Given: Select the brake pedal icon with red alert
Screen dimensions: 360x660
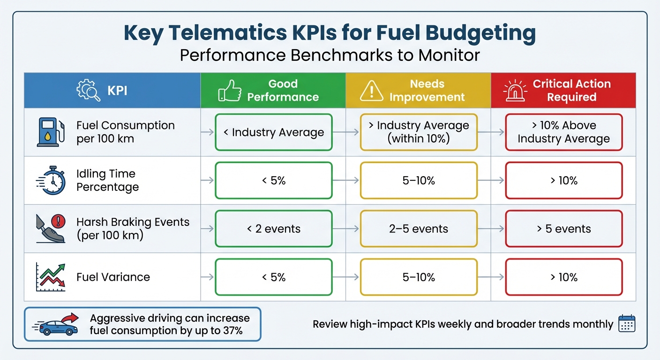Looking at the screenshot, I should [x=51, y=229].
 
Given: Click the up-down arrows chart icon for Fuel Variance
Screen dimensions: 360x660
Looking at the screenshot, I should [x=51, y=277].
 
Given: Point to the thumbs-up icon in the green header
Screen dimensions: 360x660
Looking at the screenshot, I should [x=230, y=90].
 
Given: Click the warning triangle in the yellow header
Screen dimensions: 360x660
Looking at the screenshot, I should [x=371, y=90].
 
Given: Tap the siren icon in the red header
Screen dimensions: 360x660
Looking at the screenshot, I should [x=515, y=90].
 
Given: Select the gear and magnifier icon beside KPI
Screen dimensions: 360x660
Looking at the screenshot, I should [x=89, y=90].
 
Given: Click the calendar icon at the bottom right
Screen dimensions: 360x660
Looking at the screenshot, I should [x=627, y=324].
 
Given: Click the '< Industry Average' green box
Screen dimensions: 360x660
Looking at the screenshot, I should [x=273, y=133].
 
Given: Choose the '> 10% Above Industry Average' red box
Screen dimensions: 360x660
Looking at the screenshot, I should [x=563, y=133].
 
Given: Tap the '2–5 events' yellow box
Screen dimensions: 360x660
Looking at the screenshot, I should [x=419, y=229].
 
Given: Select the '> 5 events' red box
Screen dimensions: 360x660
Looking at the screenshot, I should [x=563, y=229].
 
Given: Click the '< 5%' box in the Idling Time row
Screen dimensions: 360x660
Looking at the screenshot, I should [x=273, y=180].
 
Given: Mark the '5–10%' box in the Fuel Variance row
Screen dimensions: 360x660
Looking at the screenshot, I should [x=419, y=277].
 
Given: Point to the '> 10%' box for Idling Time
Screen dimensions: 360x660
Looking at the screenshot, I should [x=563, y=180].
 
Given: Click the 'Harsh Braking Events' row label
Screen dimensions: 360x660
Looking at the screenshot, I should [x=133, y=222].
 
